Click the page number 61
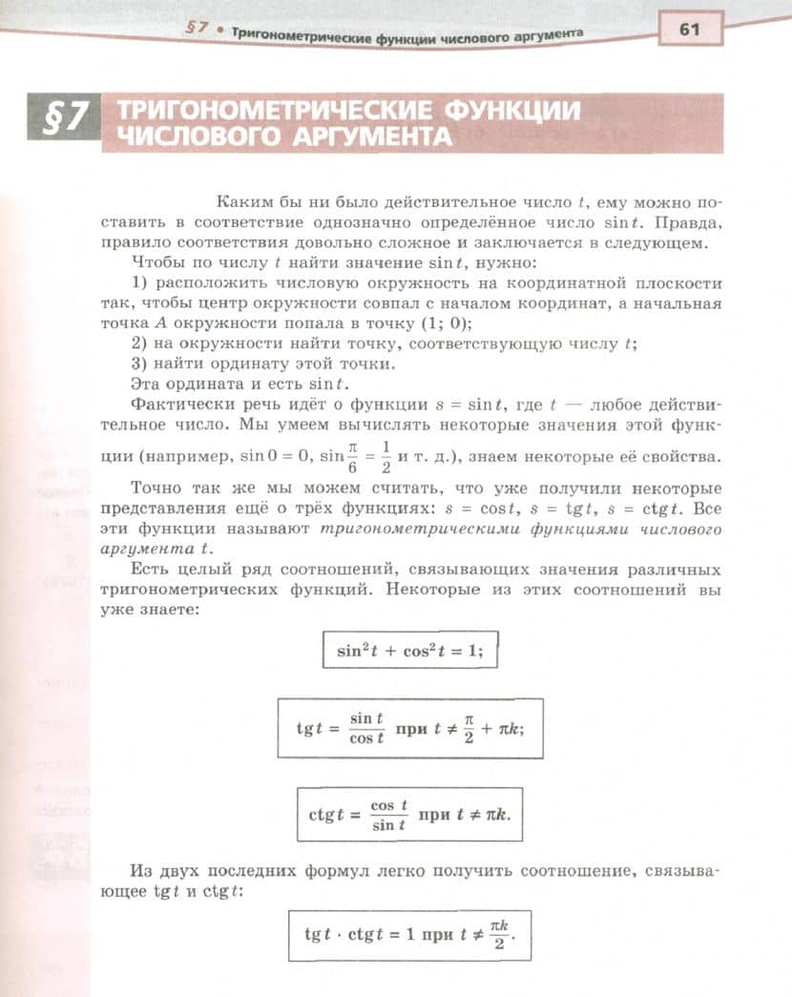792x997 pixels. click(x=689, y=30)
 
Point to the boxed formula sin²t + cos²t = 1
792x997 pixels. click(x=410, y=652)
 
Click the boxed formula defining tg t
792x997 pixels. click(x=410, y=728)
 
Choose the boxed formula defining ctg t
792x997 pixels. click(x=410, y=814)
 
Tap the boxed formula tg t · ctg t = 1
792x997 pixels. click(x=410, y=936)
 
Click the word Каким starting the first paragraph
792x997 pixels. click(x=243, y=203)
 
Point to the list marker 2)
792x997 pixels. click(x=138, y=343)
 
